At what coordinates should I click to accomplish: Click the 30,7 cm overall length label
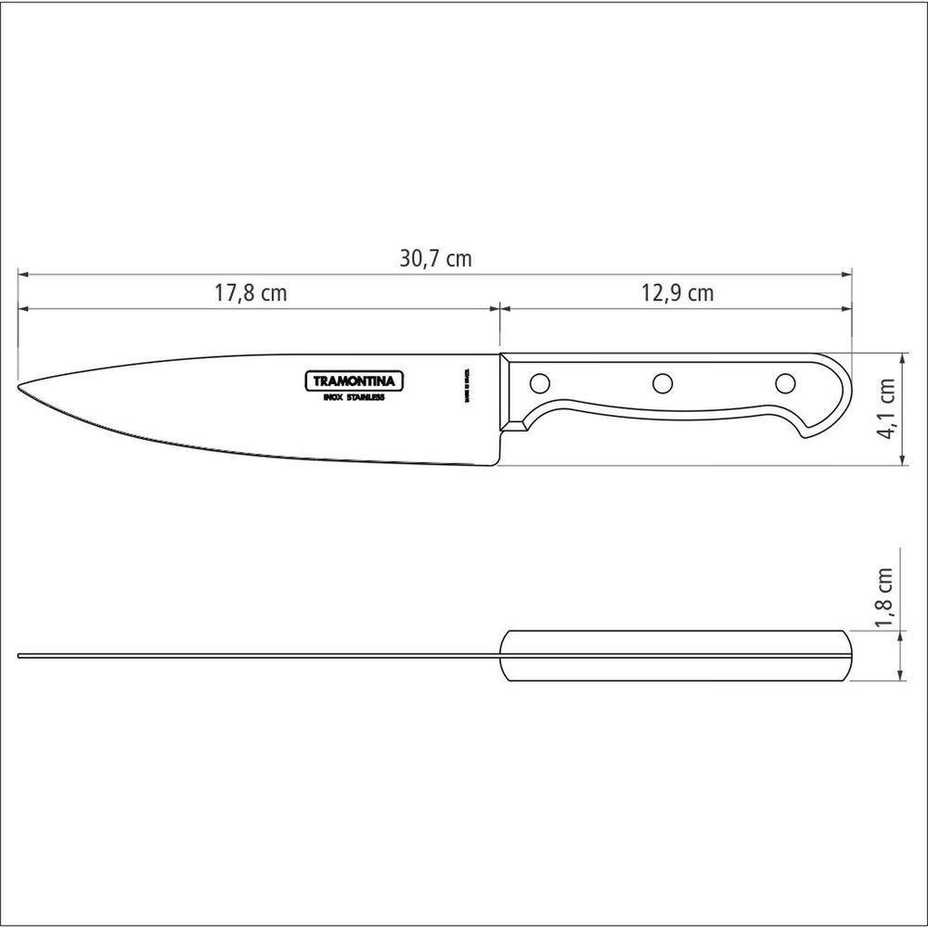point(435,259)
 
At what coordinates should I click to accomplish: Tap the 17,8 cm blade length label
point(251,293)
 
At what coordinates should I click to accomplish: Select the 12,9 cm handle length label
point(677,293)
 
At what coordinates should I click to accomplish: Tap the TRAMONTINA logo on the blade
point(354,380)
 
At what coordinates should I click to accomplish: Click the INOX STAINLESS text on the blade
point(354,397)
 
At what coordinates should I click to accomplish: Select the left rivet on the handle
point(539,381)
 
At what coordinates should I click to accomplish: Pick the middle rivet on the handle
point(663,381)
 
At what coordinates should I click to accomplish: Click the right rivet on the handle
point(785,381)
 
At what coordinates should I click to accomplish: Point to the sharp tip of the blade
point(20,387)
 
